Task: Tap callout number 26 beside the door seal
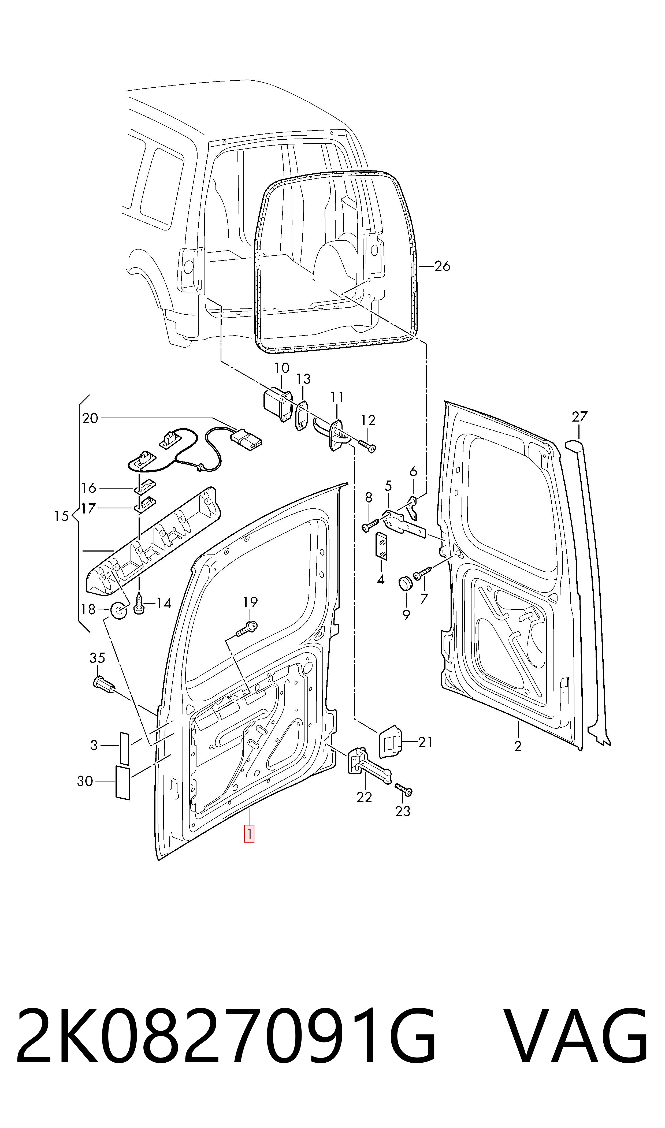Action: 442,266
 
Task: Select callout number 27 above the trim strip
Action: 579,417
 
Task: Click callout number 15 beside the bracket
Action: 61,516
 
